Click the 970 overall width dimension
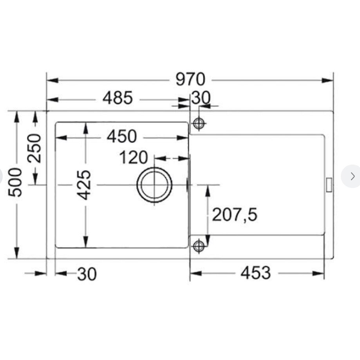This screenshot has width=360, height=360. (x=190, y=79)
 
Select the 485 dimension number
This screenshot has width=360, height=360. (x=118, y=98)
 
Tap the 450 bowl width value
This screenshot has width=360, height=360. (x=122, y=136)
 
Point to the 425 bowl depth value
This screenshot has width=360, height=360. (x=84, y=185)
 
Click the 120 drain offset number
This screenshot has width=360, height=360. (x=134, y=157)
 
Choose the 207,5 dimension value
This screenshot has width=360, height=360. (x=234, y=215)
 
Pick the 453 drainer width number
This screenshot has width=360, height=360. (x=255, y=273)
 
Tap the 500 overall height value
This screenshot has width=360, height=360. (x=15, y=182)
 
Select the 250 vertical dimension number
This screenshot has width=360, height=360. (x=34, y=148)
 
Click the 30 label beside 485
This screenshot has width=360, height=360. (x=201, y=98)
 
